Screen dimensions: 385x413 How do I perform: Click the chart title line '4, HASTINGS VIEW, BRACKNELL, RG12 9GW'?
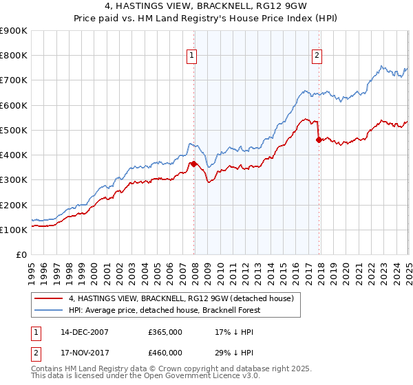[206, 8]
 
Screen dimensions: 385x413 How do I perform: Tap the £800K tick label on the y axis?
[14, 56]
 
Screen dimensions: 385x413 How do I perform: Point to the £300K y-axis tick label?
[14, 180]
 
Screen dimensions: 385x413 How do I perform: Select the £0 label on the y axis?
[21, 255]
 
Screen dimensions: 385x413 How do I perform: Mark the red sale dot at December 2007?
[194, 164]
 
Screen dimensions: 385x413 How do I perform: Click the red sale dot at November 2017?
[319, 140]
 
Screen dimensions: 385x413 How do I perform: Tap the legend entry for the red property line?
[181, 298]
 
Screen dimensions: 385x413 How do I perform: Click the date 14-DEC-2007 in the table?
[84, 332]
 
